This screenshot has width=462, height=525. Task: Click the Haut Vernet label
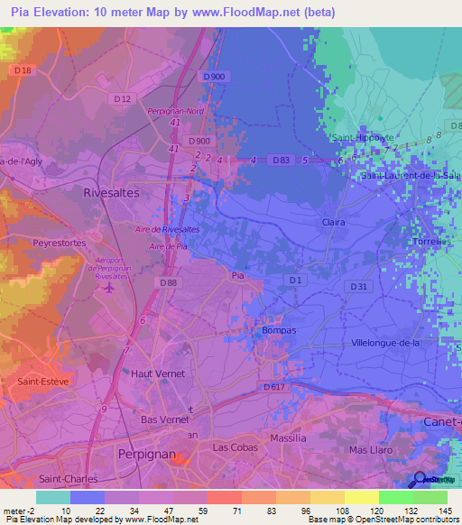158,373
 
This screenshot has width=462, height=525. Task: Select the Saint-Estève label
42,382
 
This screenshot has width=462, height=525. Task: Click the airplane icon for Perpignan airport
109,289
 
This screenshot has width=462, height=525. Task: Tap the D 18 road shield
23,70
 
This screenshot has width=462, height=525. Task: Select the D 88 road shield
168,282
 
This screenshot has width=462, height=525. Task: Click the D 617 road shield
276,387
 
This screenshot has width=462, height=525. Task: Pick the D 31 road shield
359,287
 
